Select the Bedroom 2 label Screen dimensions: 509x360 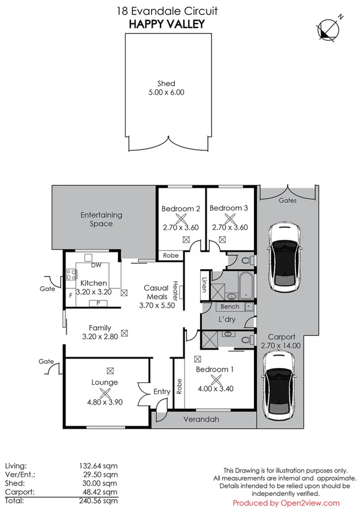pos(181,209)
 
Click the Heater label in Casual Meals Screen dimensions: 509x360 pos(175,291)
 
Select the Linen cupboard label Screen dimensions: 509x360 pos(204,285)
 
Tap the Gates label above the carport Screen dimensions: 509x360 pos(288,201)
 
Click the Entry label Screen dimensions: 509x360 pos(162,391)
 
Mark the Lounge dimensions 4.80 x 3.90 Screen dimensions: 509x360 pos(105,402)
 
